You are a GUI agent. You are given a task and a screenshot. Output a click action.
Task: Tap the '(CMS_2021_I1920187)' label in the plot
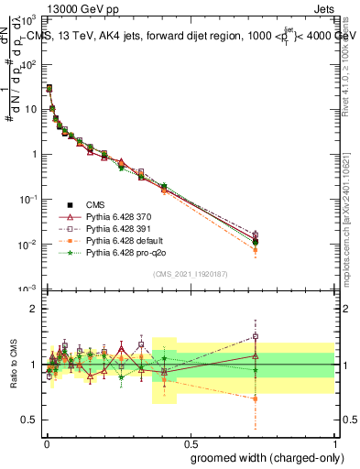pos(190,272)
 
